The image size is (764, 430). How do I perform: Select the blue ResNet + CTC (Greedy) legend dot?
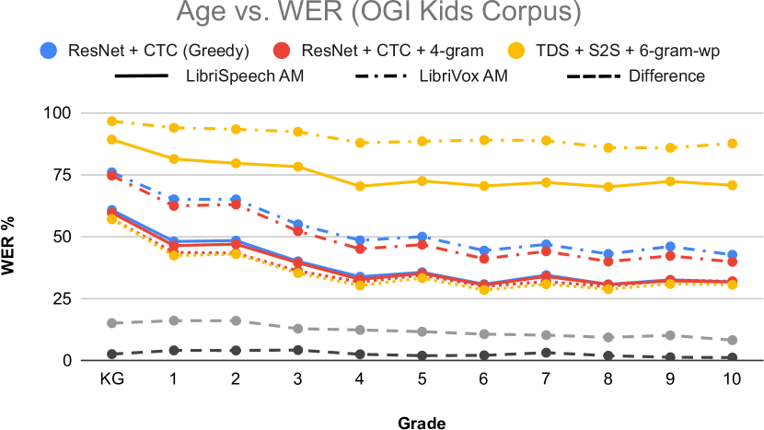[49, 50]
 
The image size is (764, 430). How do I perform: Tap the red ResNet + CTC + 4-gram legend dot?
[285, 50]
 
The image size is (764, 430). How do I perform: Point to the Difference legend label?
[666, 76]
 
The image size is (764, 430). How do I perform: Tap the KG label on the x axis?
[111, 379]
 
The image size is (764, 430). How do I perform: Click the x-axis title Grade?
[423, 423]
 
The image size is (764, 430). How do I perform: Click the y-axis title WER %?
[16, 237]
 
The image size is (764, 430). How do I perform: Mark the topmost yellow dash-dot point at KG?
[111, 122]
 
